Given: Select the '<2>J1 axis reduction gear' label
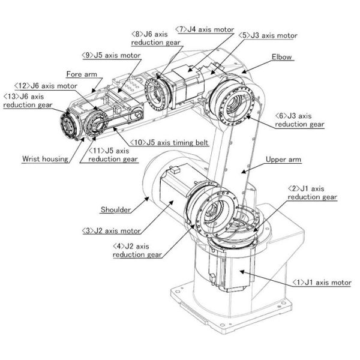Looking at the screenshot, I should [x=312, y=192].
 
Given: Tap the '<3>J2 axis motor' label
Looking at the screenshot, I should [x=112, y=230].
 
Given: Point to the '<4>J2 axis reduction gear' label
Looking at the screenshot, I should [x=137, y=250].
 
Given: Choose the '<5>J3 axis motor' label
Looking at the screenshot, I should [x=268, y=35].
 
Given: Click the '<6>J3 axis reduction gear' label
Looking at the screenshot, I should [x=299, y=120].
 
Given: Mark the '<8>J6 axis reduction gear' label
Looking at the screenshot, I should [x=151, y=38].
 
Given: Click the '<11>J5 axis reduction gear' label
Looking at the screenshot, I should [x=113, y=155].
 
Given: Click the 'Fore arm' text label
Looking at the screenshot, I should [x=81, y=74].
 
